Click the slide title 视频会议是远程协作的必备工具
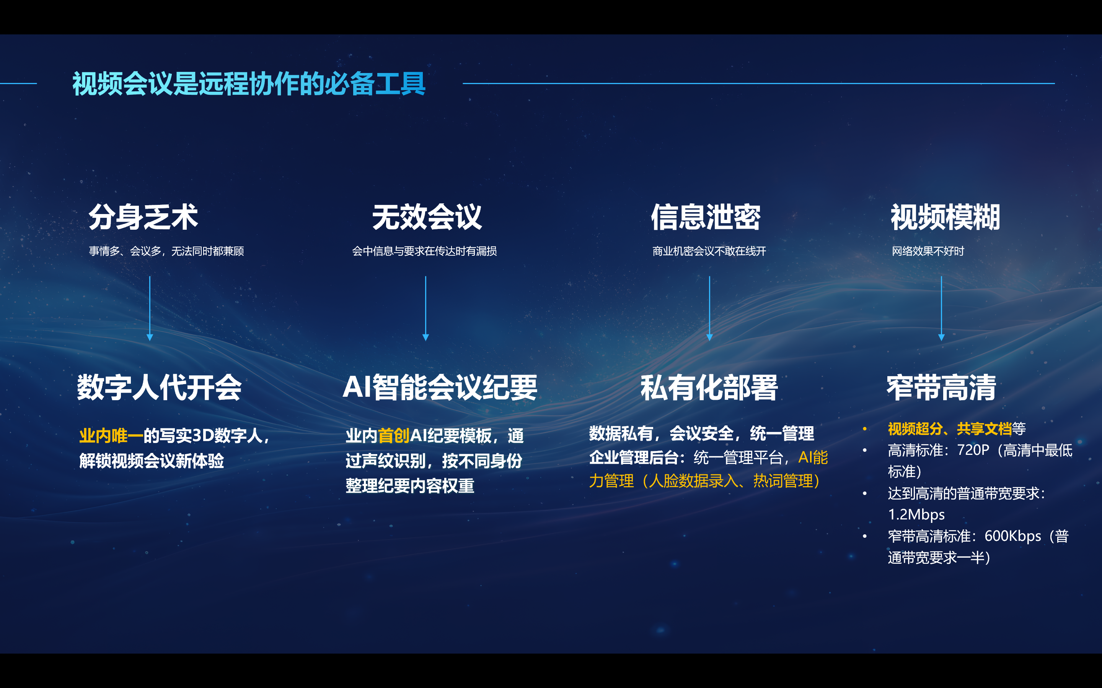pos(249,84)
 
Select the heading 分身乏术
pos(143,217)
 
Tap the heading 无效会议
pos(427,217)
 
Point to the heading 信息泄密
pos(705,217)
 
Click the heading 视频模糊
pos(945,217)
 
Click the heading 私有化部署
pos(709,388)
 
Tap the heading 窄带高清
pos(941,388)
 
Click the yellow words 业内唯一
pos(111,436)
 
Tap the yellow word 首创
pos(393,436)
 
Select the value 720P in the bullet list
pos(973,450)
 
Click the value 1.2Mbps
pos(916,514)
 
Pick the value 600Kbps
pos(1012,536)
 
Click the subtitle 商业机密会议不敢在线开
pos(709,251)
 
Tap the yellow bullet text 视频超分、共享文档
pos(949,428)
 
